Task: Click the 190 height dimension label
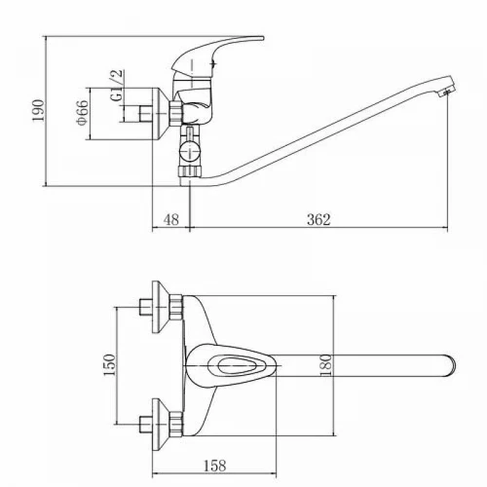pos(39,111)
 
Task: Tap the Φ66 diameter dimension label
pos(82,112)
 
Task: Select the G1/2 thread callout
pos(117,85)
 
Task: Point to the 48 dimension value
pos(171,220)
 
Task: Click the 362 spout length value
pos(318,220)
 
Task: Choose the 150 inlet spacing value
pos(109,365)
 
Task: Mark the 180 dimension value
pos(326,365)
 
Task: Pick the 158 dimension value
pos(215,466)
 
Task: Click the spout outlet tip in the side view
pos(447,93)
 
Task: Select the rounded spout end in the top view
pos(450,366)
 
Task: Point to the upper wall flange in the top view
pos(161,307)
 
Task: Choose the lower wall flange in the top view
pos(161,425)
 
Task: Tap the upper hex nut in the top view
pos(176,307)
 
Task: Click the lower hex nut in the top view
pos(176,425)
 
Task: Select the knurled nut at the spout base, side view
pos(190,171)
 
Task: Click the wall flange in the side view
pos(161,114)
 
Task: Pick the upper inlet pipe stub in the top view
pos(146,307)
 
